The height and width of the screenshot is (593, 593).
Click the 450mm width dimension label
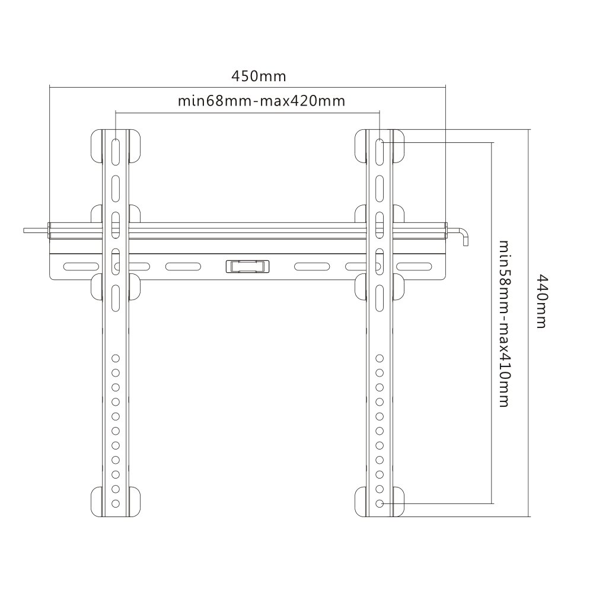259,76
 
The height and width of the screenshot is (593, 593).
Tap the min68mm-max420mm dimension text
262,101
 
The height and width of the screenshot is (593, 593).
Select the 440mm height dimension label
542,301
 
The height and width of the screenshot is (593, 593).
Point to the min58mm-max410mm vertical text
504,323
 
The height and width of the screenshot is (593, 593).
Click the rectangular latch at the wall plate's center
247,266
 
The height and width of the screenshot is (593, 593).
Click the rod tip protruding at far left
25,230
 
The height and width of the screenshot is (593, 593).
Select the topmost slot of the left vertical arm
116,151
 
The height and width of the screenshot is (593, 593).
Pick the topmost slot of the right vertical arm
380,151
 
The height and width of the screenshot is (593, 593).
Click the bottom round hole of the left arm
116,503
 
